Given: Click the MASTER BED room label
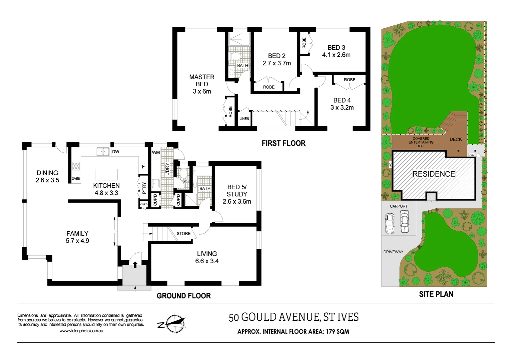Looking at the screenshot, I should coord(202,81).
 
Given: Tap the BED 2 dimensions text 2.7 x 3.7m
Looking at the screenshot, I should coord(277,63).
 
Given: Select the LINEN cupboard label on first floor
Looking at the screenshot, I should coord(244,119).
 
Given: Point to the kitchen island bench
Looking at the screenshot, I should coord(106,174).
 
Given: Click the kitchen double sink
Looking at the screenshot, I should coord(103,152).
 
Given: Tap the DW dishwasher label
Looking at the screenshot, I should coord(116,152).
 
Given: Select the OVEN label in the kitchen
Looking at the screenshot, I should coord(76,179).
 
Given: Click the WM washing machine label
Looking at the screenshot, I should coord(156,152).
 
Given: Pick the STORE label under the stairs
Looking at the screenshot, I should coord(183,234).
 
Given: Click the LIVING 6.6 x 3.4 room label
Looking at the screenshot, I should coord(207,257).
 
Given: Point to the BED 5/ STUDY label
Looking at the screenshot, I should coord(237,191).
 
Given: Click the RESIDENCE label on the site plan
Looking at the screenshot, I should coord(434,174).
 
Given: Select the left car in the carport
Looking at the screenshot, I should coord(390,223).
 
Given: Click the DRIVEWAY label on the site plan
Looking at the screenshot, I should coord(393,252).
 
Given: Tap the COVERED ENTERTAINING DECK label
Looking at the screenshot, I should coord(421,142).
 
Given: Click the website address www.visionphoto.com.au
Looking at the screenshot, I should coord(81,331).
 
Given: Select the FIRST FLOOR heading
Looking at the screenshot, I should coord(284,143).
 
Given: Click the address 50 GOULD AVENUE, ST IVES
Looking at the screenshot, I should coord(294,317).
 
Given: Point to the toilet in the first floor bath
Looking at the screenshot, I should coord(234,56).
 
